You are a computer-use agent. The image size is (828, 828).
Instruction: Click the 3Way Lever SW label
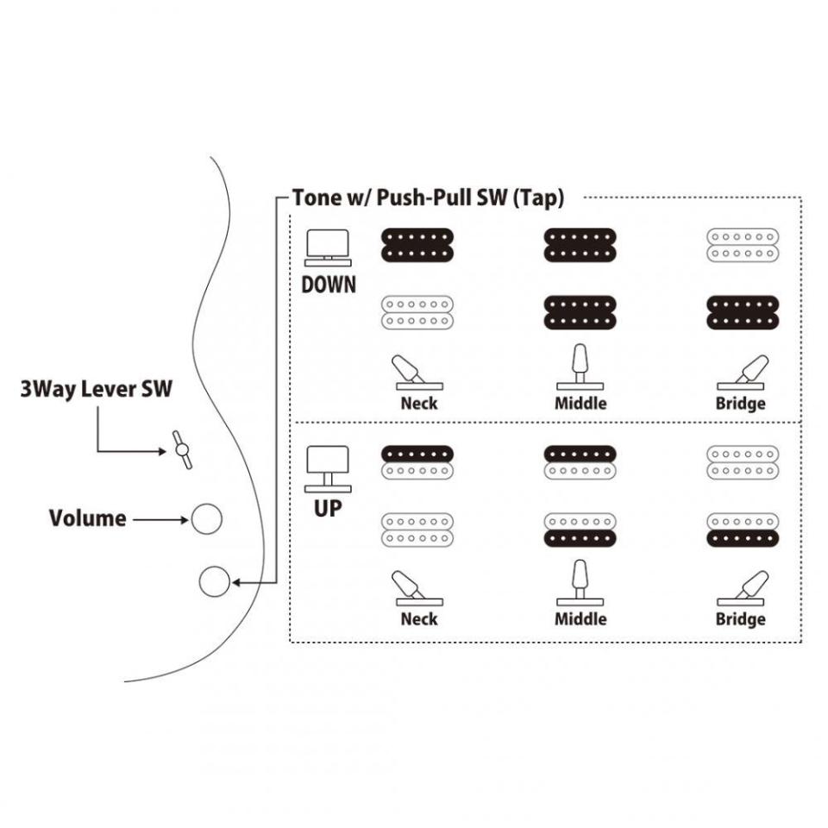tap(97, 389)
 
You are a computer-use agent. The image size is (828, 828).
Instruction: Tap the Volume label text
tap(87, 518)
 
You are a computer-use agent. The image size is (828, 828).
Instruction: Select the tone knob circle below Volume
tap(213, 582)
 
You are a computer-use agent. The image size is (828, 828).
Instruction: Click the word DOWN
tap(328, 285)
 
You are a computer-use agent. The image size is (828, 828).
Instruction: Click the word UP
tap(328, 508)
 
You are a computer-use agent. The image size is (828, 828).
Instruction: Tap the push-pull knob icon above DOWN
tap(328, 246)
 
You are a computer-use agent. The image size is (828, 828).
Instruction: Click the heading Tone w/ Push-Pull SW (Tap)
tap(429, 198)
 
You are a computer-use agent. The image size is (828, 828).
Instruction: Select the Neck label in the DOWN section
tap(419, 403)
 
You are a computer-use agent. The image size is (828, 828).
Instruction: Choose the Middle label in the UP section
tap(580, 618)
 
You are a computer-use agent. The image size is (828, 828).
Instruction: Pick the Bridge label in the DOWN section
tap(740, 403)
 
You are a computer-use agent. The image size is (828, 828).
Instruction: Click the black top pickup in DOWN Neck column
tap(417, 244)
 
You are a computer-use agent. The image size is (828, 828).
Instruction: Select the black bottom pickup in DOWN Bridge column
tap(743, 312)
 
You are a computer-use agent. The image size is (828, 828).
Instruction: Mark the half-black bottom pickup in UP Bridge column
tap(743, 529)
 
